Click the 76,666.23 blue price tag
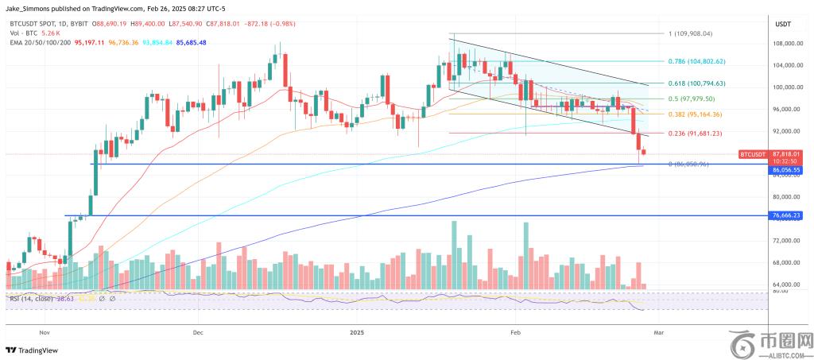point(785,215)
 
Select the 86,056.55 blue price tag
point(785,169)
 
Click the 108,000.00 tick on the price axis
point(785,43)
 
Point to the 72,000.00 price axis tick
point(785,240)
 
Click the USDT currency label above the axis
point(784,24)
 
